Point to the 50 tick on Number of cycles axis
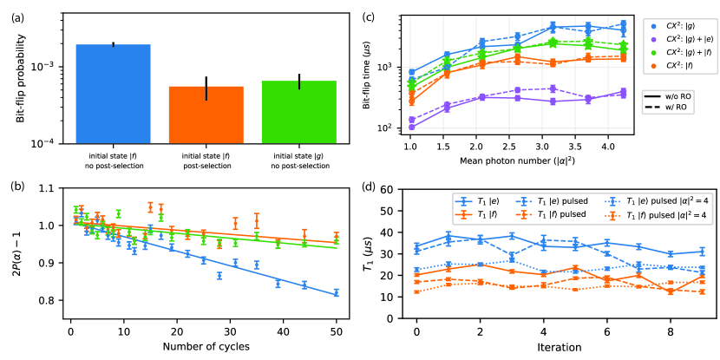click(x=336, y=331)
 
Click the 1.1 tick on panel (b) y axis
click(x=52, y=188)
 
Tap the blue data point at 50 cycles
click(x=336, y=293)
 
